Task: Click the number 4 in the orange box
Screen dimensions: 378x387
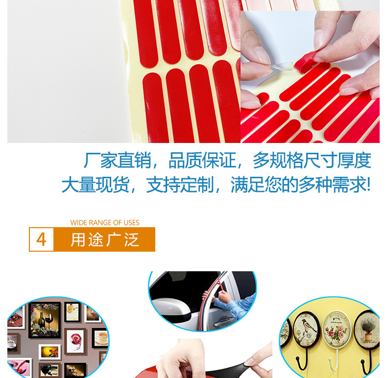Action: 42,239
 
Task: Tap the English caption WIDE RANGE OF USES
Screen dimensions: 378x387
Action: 105,223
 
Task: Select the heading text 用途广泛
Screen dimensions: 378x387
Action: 105,240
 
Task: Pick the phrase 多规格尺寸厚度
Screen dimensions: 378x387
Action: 312,161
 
